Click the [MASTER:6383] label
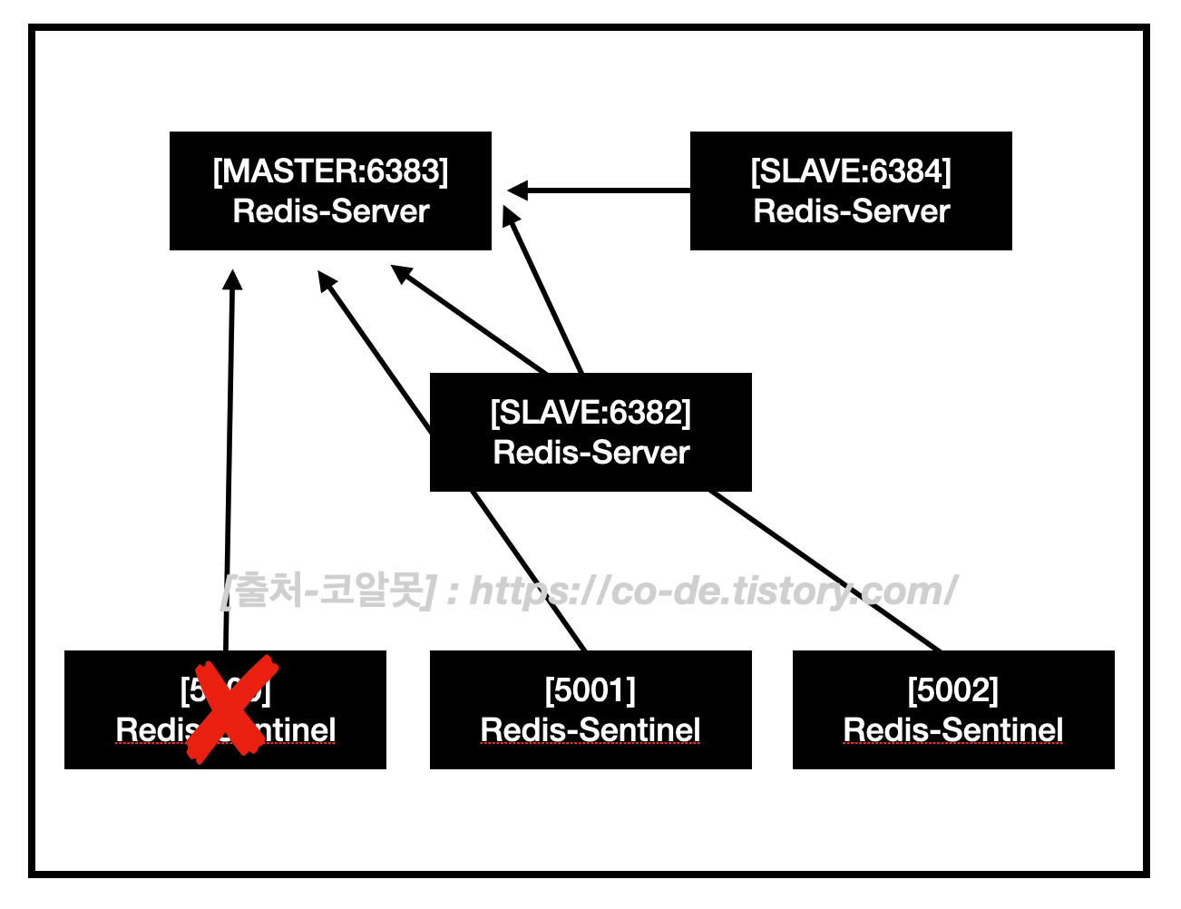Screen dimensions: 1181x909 pyautogui.click(x=330, y=171)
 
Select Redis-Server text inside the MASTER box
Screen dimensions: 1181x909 pyautogui.click(x=330, y=211)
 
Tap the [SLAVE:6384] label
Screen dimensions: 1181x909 pyautogui.click(x=851, y=171)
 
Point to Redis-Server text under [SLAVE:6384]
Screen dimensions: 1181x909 pyautogui.click(x=851, y=211)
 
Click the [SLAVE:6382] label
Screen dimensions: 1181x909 pyautogui.click(x=590, y=413)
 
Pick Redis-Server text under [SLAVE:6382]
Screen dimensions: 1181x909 pyautogui.click(x=590, y=452)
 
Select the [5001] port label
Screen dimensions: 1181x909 pyautogui.click(x=590, y=690)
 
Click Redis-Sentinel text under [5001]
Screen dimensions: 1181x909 pyautogui.click(x=590, y=729)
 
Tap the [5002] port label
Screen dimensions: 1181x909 pyautogui.click(x=953, y=690)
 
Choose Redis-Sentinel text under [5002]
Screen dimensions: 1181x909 pyautogui.click(x=953, y=729)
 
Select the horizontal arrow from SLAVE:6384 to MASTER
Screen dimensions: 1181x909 pyautogui.click(x=608, y=191)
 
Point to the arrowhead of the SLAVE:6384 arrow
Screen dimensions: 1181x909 pyautogui.click(x=517, y=191)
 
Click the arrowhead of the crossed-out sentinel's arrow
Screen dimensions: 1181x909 pyautogui.click(x=233, y=279)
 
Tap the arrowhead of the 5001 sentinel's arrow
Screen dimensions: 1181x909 pyautogui.click(x=327, y=280)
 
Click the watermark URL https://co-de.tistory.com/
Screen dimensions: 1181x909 pyautogui.click(x=713, y=591)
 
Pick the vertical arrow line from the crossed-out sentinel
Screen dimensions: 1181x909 pyautogui.click(x=229, y=454)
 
